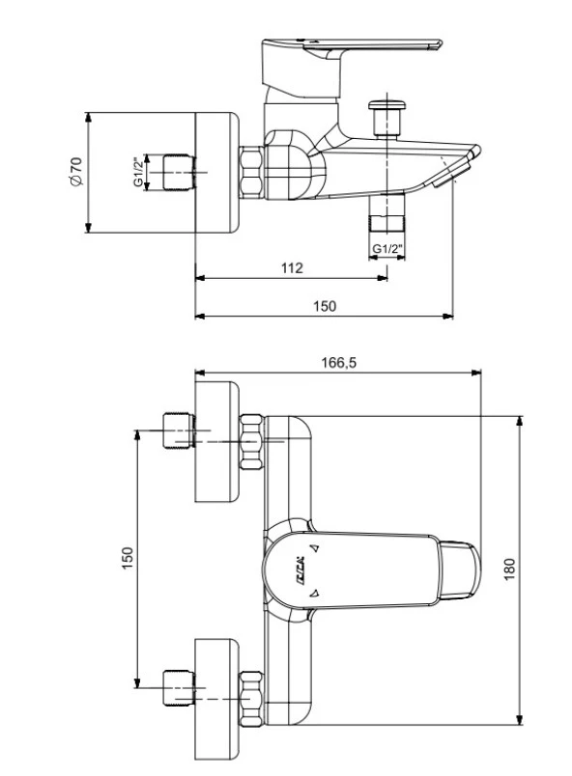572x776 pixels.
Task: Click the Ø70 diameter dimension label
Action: pos(76,173)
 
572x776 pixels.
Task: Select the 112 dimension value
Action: pos(292,268)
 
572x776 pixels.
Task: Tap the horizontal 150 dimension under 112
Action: pos(325,306)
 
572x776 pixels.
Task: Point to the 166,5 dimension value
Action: pos(338,362)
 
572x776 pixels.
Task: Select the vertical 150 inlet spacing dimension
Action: pos(127,558)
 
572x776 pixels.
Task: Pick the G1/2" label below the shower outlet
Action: pos(387,249)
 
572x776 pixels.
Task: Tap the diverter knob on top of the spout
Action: pos(389,108)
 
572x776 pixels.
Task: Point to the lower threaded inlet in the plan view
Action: pos(177,685)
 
